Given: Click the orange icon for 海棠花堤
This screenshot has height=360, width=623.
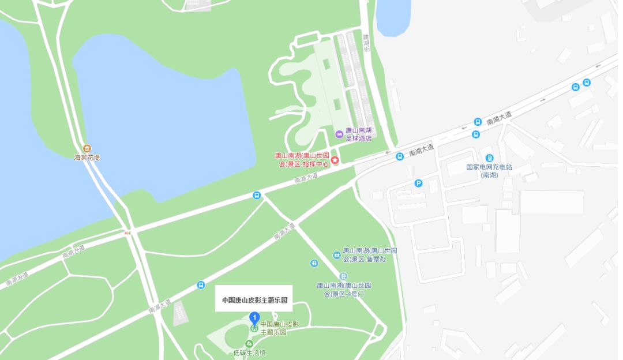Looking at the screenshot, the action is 87,148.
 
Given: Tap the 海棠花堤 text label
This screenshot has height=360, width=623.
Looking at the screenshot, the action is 87,157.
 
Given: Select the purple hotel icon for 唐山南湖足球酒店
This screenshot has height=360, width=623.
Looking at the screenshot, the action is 339,134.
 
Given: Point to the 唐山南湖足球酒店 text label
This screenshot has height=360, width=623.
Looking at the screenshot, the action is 358,134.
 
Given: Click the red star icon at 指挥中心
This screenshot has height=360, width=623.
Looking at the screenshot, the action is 335,159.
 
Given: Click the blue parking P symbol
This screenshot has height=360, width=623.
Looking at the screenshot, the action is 419,183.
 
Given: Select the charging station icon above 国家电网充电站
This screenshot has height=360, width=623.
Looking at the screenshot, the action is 489,158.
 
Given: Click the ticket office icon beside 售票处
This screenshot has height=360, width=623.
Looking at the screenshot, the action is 337,254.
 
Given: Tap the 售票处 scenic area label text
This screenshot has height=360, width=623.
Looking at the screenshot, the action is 370,254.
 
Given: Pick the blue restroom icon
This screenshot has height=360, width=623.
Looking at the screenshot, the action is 314,263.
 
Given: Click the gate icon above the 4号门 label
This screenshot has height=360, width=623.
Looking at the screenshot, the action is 343,276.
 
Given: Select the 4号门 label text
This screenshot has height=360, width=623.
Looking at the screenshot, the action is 344,290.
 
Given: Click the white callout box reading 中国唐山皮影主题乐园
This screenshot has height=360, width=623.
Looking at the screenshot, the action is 254,300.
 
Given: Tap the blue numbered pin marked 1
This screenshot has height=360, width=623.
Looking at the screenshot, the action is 254,317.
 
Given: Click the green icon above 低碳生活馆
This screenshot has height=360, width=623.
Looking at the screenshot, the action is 250,344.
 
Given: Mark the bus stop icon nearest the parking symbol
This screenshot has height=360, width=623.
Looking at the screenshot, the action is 399,156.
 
